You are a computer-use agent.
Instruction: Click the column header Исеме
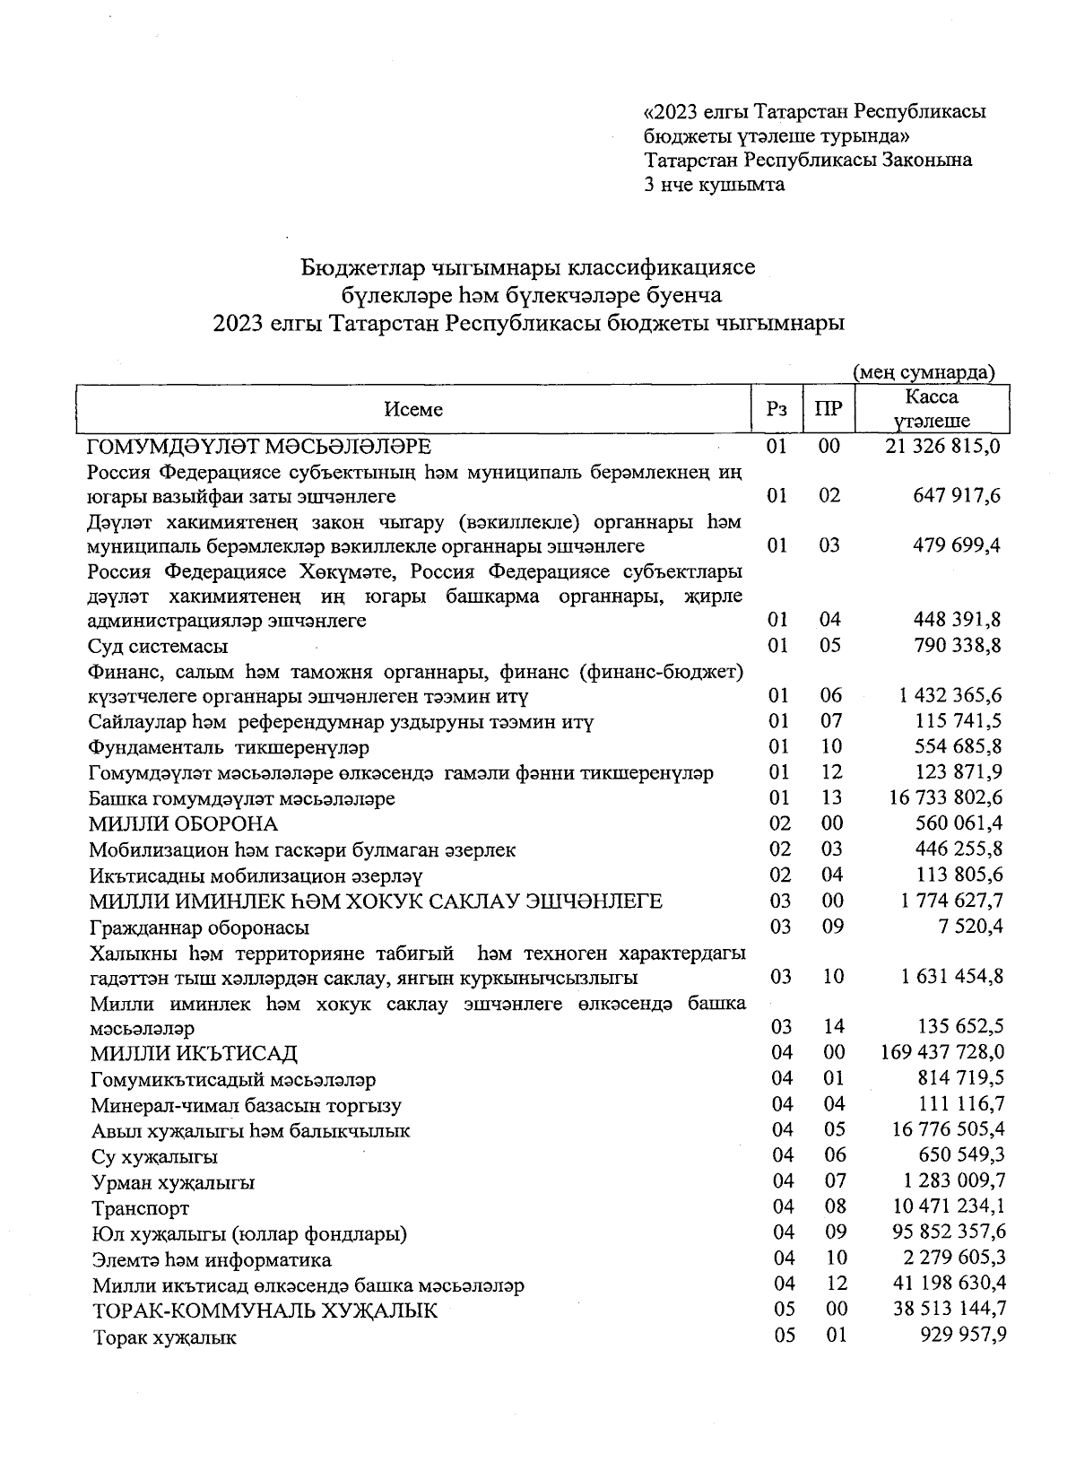413,410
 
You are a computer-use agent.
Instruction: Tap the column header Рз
777,410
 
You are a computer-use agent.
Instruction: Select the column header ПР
829,410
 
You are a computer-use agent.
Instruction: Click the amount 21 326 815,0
943,446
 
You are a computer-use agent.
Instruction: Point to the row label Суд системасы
158,646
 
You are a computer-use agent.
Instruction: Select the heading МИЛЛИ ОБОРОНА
183,823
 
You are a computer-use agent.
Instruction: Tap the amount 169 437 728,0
943,1052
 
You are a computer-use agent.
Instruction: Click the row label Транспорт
141,1208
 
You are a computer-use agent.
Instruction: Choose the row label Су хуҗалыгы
155,1157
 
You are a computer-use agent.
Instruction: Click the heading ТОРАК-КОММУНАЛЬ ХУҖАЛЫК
265,1311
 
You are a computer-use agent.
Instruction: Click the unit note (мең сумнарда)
924,372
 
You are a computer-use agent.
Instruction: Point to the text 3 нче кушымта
714,185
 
